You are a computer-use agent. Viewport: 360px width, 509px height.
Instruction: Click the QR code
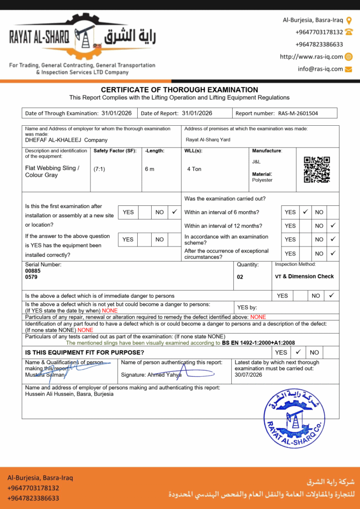point(317,170)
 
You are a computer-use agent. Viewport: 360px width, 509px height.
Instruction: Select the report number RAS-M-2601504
point(298,113)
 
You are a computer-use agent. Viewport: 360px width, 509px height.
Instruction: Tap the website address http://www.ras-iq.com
point(311,57)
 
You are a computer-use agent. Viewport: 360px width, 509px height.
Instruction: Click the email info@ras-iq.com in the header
point(320,69)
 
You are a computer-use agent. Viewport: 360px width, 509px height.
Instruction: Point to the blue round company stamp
point(294,419)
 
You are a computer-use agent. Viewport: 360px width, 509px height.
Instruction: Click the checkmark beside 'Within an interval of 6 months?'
point(305,212)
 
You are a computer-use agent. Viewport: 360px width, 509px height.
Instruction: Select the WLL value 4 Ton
point(194,169)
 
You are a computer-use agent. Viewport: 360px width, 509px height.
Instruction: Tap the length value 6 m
point(150,169)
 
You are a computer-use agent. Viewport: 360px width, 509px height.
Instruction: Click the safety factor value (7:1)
point(99,169)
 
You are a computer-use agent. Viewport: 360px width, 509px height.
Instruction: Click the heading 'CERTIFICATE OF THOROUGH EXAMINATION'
point(180,90)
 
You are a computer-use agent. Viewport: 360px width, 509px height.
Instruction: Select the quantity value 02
point(240,277)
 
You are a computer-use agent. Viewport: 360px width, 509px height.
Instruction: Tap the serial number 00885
point(31,271)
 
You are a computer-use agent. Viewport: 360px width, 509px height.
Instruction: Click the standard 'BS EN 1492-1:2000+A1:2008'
point(259,343)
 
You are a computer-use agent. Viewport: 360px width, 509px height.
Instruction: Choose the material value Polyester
point(262,180)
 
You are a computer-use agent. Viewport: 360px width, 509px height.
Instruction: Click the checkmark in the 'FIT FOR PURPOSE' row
point(298,352)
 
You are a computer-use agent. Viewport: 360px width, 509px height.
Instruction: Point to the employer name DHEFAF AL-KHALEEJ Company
point(66,140)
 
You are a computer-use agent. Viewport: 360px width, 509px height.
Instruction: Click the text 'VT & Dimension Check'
point(304,276)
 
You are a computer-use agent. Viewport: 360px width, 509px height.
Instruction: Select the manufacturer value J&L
point(256,162)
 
